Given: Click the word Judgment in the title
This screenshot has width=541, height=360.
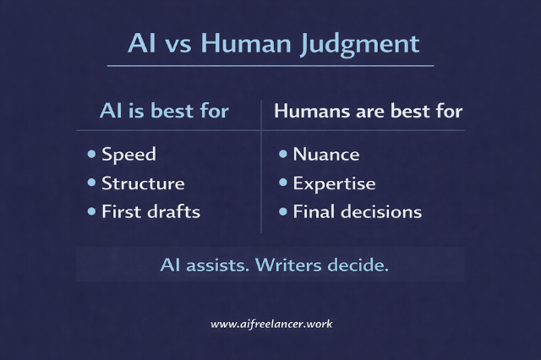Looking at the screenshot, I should pyautogui.click(x=367, y=43).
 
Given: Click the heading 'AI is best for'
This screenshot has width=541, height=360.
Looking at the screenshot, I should pyautogui.click(x=164, y=112).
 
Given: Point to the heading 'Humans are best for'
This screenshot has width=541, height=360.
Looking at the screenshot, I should pyautogui.click(x=369, y=112).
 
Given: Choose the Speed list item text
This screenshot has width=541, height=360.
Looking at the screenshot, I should pyautogui.click(x=128, y=155).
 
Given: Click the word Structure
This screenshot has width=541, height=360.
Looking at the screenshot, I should pyautogui.click(x=143, y=183).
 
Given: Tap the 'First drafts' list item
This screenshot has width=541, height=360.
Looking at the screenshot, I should pyautogui.click(x=150, y=211).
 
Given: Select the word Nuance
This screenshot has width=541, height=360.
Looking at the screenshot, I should pyautogui.click(x=325, y=155).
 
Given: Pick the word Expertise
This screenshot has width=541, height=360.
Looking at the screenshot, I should pyautogui.click(x=334, y=183).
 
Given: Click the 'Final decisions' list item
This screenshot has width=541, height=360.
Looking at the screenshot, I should pyautogui.click(x=357, y=211).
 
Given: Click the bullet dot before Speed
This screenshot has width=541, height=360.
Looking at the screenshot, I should pyautogui.click(x=91, y=155).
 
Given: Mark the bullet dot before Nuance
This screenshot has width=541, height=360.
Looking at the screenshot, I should pyautogui.click(x=282, y=155).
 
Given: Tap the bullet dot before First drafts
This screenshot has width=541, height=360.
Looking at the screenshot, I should pyautogui.click(x=91, y=211).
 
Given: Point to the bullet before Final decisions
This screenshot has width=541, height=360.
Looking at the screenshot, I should pyautogui.click(x=282, y=211).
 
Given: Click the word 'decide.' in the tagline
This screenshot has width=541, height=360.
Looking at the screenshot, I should pyautogui.click(x=358, y=265).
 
